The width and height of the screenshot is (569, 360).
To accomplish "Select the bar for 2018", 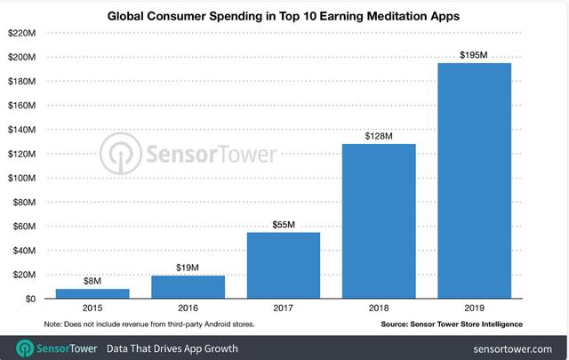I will click(x=380, y=221).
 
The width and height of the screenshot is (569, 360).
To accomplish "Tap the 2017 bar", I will click(x=284, y=265).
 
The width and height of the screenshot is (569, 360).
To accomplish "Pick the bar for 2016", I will click(x=188, y=287).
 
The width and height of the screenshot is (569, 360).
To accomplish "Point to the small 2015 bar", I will click(x=92, y=293).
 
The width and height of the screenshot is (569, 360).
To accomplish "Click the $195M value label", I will click(x=475, y=54).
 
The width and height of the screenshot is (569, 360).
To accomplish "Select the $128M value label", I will click(x=380, y=135).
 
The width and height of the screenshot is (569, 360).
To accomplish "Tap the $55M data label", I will click(x=284, y=223).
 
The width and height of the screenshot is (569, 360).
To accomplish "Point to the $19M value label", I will click(x=188, y=267).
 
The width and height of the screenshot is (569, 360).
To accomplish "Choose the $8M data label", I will click(x=92, y=280).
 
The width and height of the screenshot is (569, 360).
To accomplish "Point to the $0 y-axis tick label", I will click(x=28, y=299).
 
